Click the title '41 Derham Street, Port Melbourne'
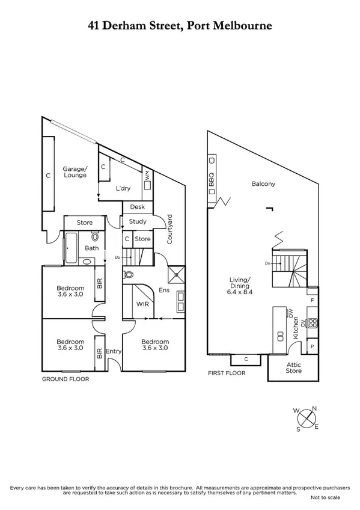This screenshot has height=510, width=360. click(x=180, y=26)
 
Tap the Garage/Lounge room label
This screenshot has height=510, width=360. click(x=75, y=172)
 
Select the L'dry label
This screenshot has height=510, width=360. click(x=123, y=188)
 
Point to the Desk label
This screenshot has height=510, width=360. click(x=138, y=207)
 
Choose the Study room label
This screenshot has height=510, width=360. click(x=138, y=221)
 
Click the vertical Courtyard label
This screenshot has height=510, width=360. click(x=170, y=229)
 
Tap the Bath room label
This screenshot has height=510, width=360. click(x=91, y=248)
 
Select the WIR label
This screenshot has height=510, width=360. click(x=142, y=304)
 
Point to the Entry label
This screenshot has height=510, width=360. click(x=114, y=351)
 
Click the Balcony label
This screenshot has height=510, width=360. click(x=263, y=184)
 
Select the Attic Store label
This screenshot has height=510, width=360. click(x=293, y=368)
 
